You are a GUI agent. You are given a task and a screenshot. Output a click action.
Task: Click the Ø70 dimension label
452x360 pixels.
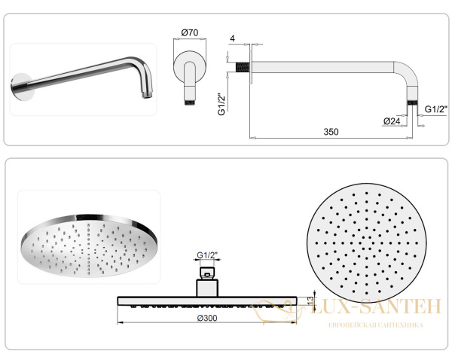click(x=189, y=32)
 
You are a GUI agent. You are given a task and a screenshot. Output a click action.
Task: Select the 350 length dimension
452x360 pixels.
click(x=331, y=132)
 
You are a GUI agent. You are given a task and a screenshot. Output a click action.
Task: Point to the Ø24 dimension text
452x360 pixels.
click(x=391, y=121)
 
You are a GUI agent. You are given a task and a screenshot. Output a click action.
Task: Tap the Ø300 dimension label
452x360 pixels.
click(x=208, y=319)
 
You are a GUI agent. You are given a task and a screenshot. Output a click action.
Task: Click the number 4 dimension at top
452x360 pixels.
click(x=234, y=38)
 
